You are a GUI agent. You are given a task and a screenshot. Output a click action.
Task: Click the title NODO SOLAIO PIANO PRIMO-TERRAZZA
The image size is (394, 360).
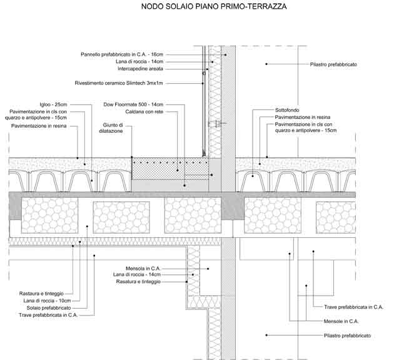tap(214, 8)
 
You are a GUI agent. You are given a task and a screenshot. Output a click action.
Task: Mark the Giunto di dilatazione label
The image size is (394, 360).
tap(113, 128)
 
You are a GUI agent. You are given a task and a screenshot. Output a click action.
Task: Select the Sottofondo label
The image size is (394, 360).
tap(288, 110)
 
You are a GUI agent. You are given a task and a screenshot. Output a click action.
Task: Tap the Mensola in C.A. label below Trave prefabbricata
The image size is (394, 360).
tap(341, 321)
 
